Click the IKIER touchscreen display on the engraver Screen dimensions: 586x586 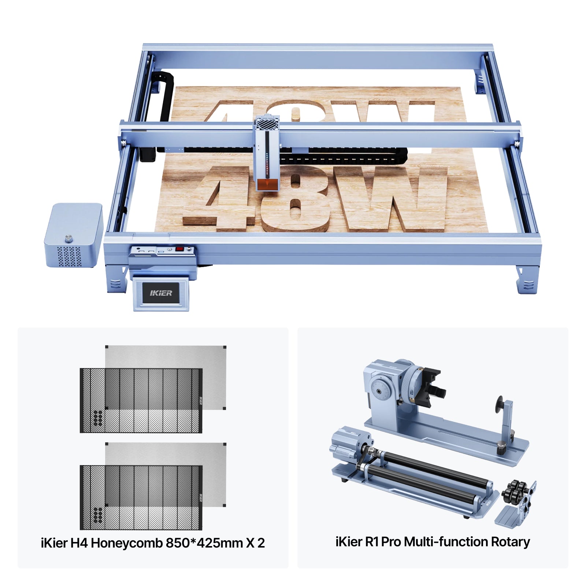[161, 293]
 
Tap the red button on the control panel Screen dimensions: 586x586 [179, 249]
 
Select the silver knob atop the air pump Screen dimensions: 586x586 [68, 238]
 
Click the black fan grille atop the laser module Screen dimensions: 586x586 [267, 124]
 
